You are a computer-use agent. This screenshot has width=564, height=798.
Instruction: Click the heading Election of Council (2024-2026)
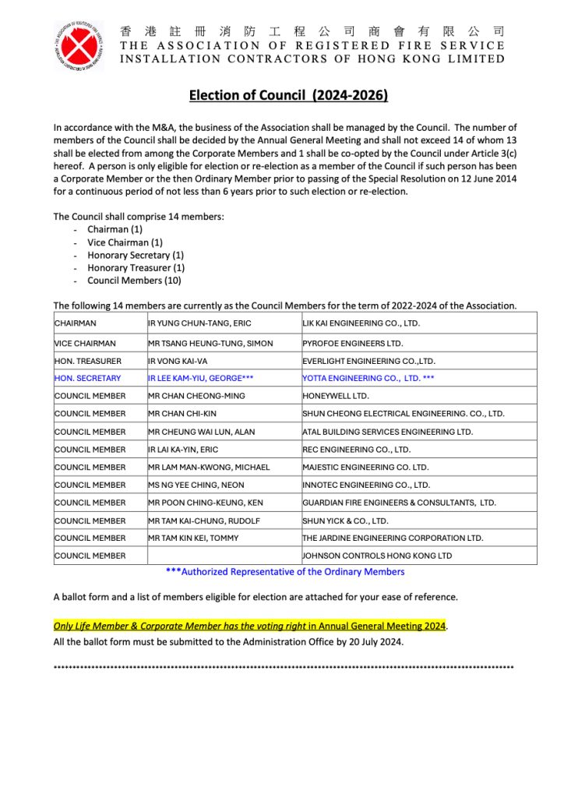pos(288,96)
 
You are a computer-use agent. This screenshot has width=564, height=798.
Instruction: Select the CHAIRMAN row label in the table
pos(76,323)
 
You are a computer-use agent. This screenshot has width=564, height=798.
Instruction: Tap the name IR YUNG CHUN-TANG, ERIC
pos(200,323)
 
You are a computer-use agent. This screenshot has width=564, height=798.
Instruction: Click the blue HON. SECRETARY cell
pos(87,378)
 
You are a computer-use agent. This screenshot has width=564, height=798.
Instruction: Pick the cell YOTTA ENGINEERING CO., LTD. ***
pos(368,378)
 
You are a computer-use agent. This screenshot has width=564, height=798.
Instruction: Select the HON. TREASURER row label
pos(87,361)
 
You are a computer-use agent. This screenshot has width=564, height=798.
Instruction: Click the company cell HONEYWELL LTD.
pos(336,396)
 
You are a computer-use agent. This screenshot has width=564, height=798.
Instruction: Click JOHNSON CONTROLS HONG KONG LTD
pos(377,556)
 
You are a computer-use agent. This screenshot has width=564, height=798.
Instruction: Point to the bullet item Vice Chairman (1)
pos(125,242)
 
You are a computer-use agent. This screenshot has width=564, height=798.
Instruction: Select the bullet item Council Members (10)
pos(136,280)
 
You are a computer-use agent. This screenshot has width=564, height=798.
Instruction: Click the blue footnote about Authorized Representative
pos(285,571)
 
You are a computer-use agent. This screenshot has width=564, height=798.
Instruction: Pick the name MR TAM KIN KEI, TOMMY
pos(194,538)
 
